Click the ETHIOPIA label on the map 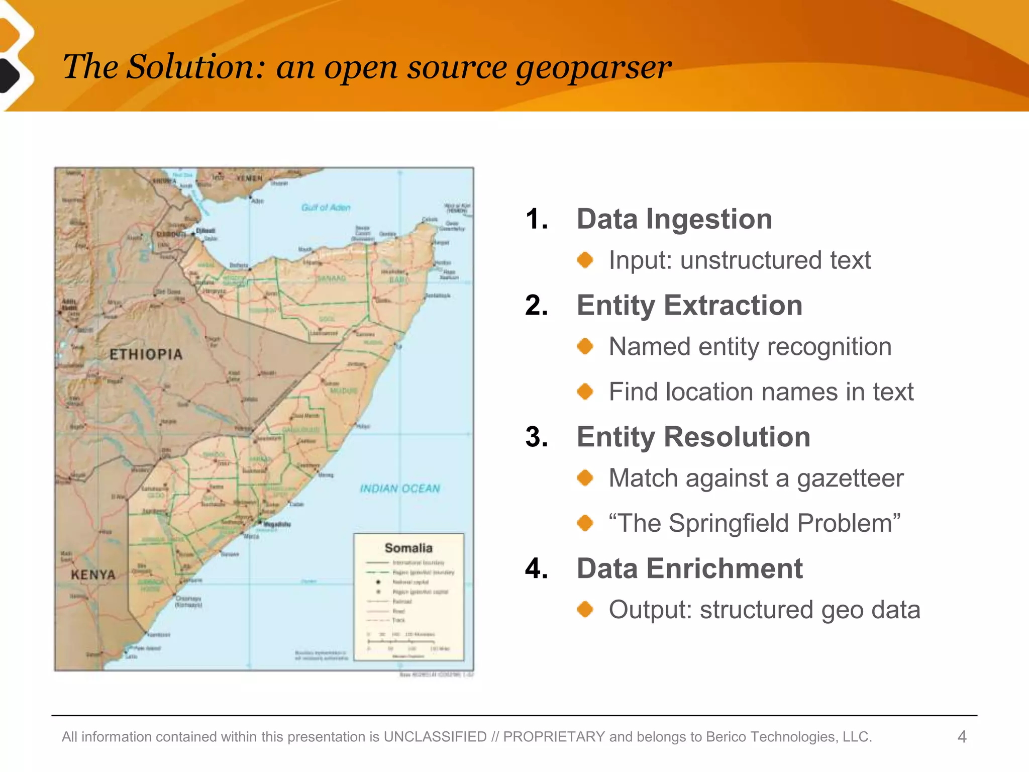pyautogui.click(x=146, y=355)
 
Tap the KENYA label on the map pyautogui.click(x=93, y=574)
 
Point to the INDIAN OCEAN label pyautogui.click(x=400, y=489)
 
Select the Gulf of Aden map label pyautogui.click(x=326, y=208)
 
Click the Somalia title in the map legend pyautogui.click(x=408, y=548)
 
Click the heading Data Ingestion pyautogui.click(x=674, y=219)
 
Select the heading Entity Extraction pyautogui.click(x=689, y=306)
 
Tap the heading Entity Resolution pyautogui.click(x=693, y=437)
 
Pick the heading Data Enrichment pyautogui.click(x=689, y=568)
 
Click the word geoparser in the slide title pyautogui.click(x=593, y=67)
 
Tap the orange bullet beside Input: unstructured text pyautogui.click(x=585, y=260)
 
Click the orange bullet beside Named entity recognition pyautogui.click(x=585, y=346)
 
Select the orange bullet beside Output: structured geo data pyautogui.click(x=585, y=610)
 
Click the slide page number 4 pyautogui.click(x=962, y=737)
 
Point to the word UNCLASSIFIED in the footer pyautogui.click(x=435, y=737)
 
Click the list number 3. pyautogui.click(x=536, y=437)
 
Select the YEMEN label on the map pyautogui.click(x=250, y=178)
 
